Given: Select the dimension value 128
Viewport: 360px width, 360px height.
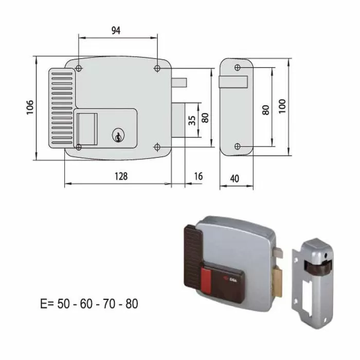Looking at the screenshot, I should click(121, 176).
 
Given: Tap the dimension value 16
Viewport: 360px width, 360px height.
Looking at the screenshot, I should click(198, 176).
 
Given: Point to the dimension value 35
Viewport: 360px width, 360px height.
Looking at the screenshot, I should click(192, 120).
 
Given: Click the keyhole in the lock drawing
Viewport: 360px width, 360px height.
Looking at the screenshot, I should click(118, 136).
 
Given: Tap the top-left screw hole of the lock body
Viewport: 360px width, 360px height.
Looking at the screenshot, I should click(78, 68).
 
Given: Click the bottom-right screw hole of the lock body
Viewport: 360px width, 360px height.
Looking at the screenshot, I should click(157, 147).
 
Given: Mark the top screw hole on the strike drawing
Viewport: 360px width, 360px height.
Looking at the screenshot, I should click(237, 67).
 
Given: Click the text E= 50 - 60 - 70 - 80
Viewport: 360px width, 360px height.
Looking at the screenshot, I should click(89, 303).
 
